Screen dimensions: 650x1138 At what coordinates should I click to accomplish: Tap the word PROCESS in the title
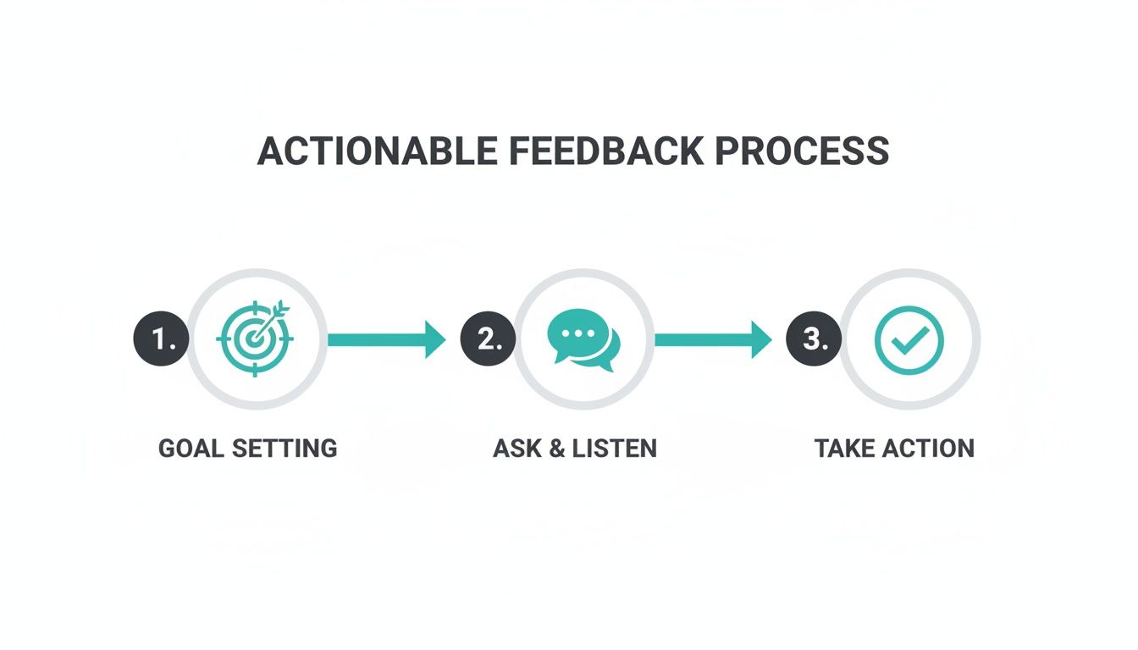click(x=802, y=151)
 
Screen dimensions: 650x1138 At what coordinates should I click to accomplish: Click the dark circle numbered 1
click(x=161, y=339)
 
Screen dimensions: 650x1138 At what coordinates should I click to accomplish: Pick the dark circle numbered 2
click(x=488, y=339)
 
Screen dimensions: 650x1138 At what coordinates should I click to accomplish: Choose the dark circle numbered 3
click(x=814, y=339)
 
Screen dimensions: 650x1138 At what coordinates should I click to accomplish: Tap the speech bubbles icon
click(x=583, y=339)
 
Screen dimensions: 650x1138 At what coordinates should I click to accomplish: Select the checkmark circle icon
click(x=909, y=339)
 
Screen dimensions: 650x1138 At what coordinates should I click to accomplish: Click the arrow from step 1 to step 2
click(x=386, y=339)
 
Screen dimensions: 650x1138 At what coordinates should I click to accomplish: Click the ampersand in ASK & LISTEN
click(x=557, y=448)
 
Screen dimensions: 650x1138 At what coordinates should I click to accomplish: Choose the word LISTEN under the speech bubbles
click(x=615, y=448)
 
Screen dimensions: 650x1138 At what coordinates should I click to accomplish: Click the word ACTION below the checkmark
click(x=932, y=448)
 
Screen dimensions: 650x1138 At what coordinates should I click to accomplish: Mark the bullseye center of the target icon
click(x=251, y=340)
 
